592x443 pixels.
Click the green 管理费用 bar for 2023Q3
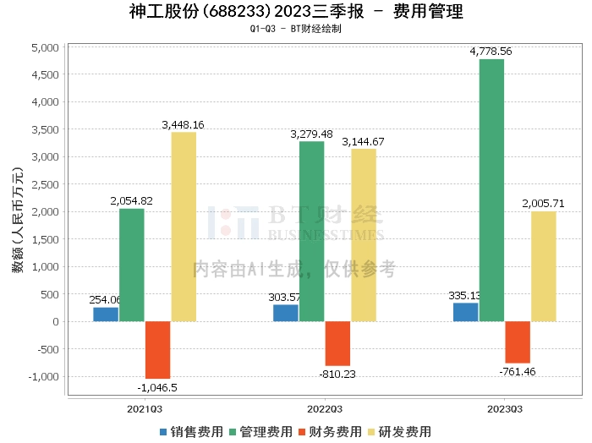point(491,190)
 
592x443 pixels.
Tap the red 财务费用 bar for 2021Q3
point(157,349)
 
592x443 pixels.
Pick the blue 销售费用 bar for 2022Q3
point(286,313)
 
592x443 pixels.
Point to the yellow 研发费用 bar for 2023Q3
point(543,266)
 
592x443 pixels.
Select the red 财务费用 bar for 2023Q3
point(517,342)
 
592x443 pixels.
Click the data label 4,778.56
point(491,52)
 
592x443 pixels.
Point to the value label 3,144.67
point(363,141)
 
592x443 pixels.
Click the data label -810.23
point(337,375)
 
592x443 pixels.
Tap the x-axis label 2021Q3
point(145,408)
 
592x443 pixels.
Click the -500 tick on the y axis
point(47,349)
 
